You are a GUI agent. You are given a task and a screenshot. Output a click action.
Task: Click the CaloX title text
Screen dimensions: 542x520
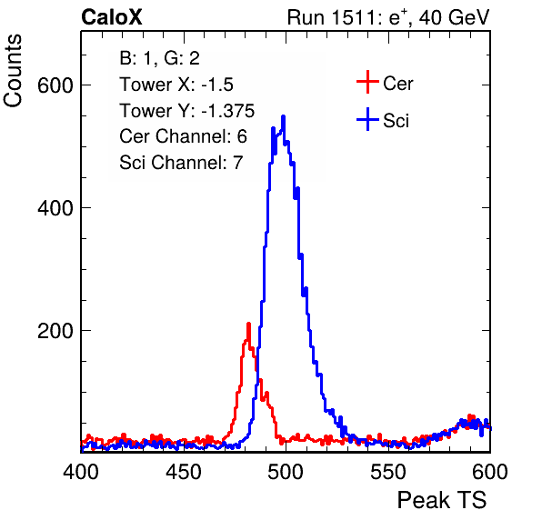112,17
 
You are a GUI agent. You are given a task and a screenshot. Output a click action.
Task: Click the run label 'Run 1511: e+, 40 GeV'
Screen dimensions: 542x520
388,17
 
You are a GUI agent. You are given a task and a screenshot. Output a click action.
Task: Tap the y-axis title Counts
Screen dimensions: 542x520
13,71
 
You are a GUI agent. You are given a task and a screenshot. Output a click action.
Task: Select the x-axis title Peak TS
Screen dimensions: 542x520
442,500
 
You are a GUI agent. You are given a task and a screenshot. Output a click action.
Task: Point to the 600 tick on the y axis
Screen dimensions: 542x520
55,85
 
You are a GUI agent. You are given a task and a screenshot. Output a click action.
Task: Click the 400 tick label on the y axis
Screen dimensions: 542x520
55,208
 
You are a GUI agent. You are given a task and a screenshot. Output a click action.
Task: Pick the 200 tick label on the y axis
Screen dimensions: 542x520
55,331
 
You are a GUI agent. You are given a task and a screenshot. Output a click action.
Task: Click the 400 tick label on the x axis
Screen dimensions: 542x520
81,472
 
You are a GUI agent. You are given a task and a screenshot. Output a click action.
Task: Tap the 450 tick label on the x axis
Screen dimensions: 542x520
183,472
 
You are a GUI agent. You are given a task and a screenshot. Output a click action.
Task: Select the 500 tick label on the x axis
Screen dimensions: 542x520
286,472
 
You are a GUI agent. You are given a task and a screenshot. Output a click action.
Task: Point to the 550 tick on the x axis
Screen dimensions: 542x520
387,472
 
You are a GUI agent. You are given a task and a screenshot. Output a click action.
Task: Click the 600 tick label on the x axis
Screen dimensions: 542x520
490,472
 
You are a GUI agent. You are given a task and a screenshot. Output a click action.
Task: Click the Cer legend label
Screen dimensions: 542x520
397,84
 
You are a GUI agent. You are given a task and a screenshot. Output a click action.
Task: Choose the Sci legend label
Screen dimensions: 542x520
396,121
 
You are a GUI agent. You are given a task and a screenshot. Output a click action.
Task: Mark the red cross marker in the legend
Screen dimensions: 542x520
367,82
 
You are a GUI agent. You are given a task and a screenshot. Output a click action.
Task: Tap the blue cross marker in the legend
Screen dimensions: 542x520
367,119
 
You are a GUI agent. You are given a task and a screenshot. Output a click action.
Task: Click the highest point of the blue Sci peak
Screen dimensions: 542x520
284,116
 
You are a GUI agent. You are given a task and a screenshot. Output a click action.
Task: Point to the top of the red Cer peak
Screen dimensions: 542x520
248,324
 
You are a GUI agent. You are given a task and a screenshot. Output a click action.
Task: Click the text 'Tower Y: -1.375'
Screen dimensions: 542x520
187,111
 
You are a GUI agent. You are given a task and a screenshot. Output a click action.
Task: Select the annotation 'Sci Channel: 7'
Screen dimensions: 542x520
181,163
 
